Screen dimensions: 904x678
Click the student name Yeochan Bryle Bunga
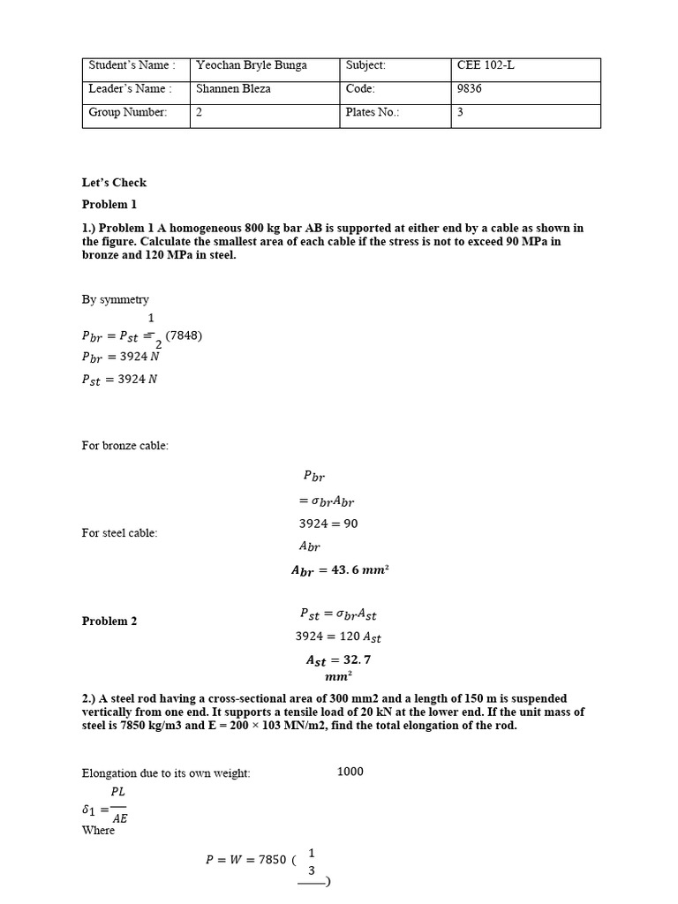tap(248, 65)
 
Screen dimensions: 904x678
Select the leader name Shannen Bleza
tap(234, 89)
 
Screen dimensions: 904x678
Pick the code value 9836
tap(470, 89)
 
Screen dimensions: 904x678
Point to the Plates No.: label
tap(373, 113)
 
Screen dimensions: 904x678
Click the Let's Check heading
tap(114, 183)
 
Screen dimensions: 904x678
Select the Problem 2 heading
tap(109, 621)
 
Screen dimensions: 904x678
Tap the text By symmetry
tap(116, 300)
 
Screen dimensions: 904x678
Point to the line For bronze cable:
tap(124, 446)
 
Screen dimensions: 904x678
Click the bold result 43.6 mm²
tap(340, 570)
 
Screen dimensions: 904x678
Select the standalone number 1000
tap(350, 772)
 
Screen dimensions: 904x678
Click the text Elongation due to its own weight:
tap(166, 773)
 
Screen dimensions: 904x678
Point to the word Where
tap(98, 831)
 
